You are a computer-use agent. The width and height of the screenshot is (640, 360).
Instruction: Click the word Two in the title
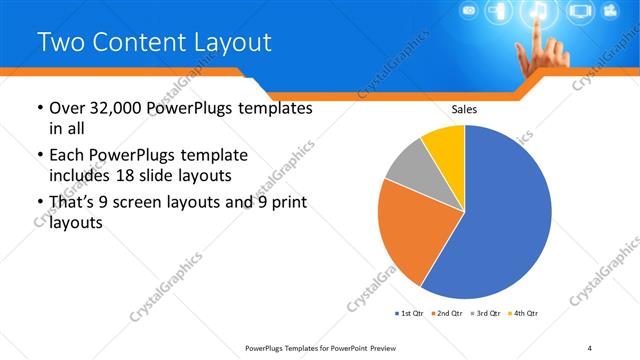pyautogui.click(x=62, y=42)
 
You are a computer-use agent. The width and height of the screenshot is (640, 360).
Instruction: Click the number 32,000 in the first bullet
pyautogui.click(x=112, y=108)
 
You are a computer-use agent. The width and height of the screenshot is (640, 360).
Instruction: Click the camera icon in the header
pyautogui.click(x=467, y=11)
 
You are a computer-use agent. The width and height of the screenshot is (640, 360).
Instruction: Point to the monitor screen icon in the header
pyautogui.click(x=579, y=13)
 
